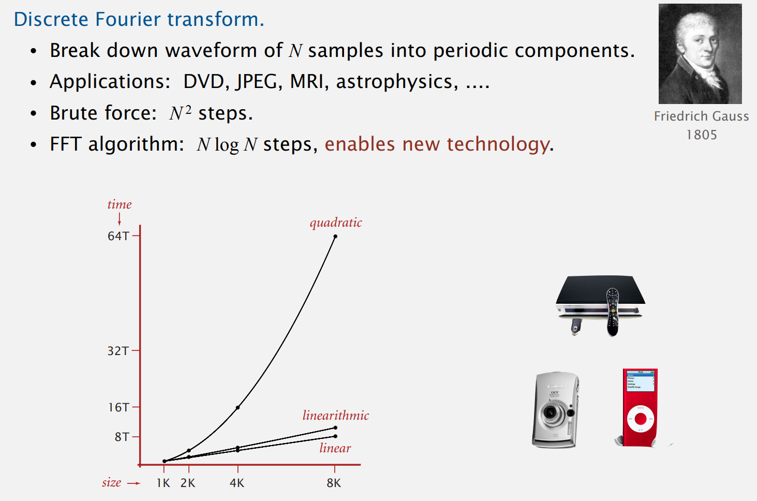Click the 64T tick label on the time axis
pyautogui.click(x=118, y=236)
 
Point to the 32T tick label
pyautogui.click(x=118, y=351)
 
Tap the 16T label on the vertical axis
pyautogui.click(x=118, y=407)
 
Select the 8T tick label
pyautogui.click(x=122, y=437)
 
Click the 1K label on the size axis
pyautogui.click(x=163, y=483)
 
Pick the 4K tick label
pyautogui.click(x=237, y=483)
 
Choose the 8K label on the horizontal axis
pyautogui.click(x=334, y=483)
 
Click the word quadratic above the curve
pyautogui.click(x=336, y=223)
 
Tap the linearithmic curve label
pyautogui.click(x=336, y=415)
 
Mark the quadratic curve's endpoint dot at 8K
pyautogui.click(x=335, y=237)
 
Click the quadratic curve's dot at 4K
pyautogui.click(x=238, y=408)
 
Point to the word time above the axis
pyautogui.click(x=120, y=204)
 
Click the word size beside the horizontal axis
pyautogui.click(x=112, y=482)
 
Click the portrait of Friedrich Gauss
pyautogui.click(x=700, y=54)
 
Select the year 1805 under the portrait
pyautogui.click(x=702, y=135)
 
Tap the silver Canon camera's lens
pyautogui.click(x=551, y=413)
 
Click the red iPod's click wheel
pyautogui.click(x=640, y=419)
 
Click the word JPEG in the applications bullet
pyautogui.click(x=257, y=81)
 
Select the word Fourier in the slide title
pyautogui.click(x=127, y=19)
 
